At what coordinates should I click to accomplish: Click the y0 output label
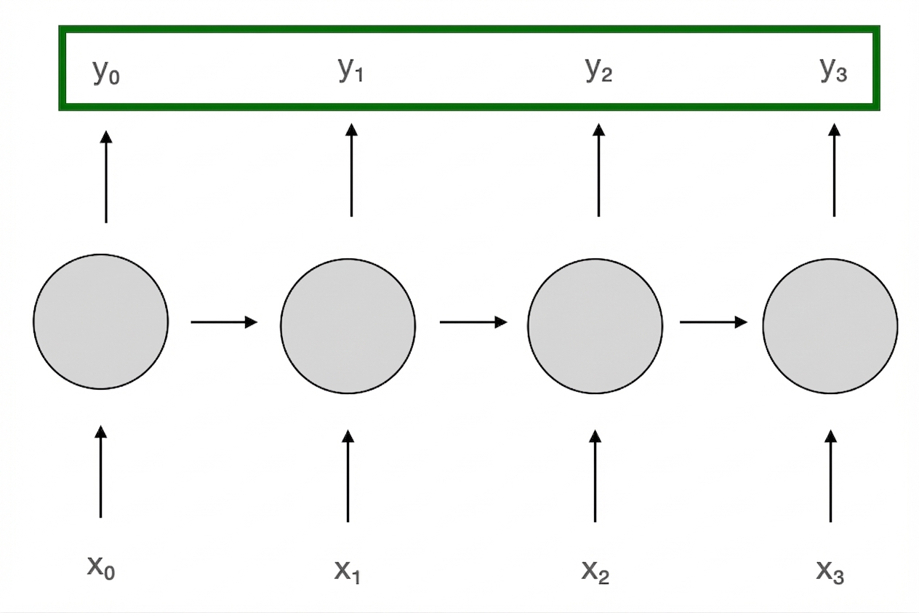tap(106, 72)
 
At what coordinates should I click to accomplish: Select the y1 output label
tap(351, 70)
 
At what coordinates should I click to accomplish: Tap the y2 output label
tap(598, 70)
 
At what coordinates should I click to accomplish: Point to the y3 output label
tap(834, 70)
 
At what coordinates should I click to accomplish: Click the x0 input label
tap(101, 568)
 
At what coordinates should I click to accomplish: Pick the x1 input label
tap(348, 571)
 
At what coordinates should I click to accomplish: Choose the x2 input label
tap(595, 571)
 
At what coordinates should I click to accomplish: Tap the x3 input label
tap(830, 571)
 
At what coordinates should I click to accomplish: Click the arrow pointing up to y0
tap(106, 177)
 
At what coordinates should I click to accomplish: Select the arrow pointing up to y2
tap(598, 170)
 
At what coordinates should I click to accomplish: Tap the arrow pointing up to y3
tap(834, 170)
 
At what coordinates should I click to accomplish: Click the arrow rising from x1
tap(348, 476)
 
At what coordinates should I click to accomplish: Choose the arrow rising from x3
tap(831, 476)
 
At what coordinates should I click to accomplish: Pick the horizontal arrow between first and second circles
tap(224, 322)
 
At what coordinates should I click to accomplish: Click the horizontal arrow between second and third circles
tap(473, 322)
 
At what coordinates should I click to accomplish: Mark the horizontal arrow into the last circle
tap(713, 322)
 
